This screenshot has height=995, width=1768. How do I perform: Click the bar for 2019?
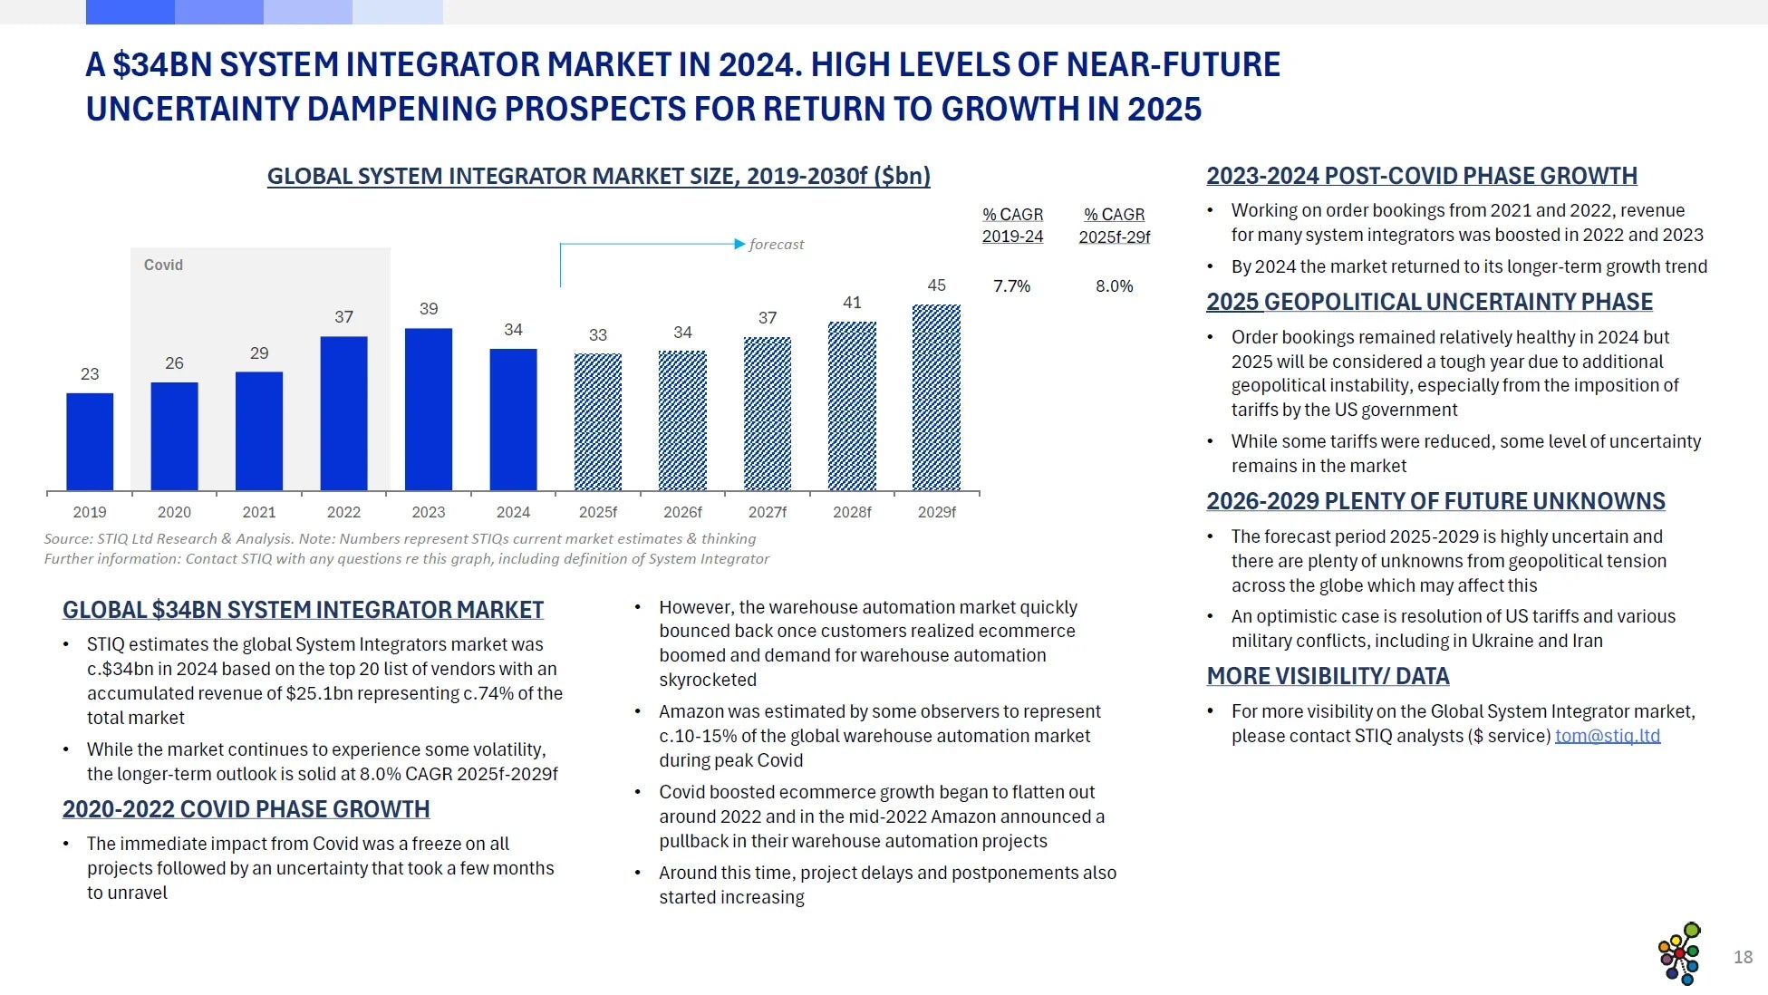90,441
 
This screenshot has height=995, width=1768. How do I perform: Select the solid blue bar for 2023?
429,410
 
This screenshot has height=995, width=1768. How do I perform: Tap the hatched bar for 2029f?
936,398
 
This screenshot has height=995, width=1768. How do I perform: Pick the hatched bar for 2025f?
598,422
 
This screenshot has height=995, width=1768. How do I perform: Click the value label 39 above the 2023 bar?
429,309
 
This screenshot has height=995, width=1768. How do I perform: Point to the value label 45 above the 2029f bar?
936,285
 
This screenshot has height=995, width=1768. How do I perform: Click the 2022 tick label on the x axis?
343,512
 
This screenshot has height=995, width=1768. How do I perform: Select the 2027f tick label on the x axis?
768,512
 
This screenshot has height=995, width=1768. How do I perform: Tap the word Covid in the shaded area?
163,265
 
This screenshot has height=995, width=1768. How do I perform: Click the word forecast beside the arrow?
777,245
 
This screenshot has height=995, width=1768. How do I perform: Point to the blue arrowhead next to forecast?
739,244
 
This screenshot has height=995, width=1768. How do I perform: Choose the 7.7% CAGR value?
1011,286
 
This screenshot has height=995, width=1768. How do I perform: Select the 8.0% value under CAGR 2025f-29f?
1114,286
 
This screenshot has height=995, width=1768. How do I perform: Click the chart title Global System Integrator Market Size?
598,176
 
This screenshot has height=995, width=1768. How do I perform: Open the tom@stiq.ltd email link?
1608,736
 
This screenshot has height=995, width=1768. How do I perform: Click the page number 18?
1743,957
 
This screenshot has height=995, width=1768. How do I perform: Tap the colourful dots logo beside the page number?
1679,953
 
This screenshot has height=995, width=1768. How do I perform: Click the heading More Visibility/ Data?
1328,676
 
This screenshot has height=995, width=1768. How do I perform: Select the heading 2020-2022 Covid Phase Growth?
246,809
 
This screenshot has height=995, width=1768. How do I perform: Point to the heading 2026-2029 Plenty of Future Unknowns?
1435,501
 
